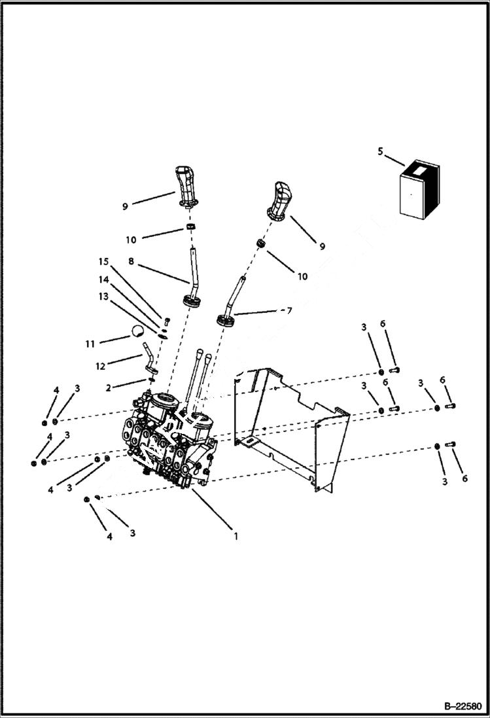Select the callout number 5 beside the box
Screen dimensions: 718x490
coord(380,153)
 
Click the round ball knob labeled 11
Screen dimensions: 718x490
coord(136,331)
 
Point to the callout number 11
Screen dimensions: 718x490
coord(90,343)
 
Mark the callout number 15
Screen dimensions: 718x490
coord(103,262)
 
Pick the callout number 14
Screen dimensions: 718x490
coord(103,279)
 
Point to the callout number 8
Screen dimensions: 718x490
coord(131,260)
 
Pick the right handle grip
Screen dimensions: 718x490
coord(279,200)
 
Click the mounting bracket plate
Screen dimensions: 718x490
coord(294,425)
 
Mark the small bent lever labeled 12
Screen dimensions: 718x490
coord(150,357)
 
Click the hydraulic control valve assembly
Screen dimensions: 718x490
coord(170,439)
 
